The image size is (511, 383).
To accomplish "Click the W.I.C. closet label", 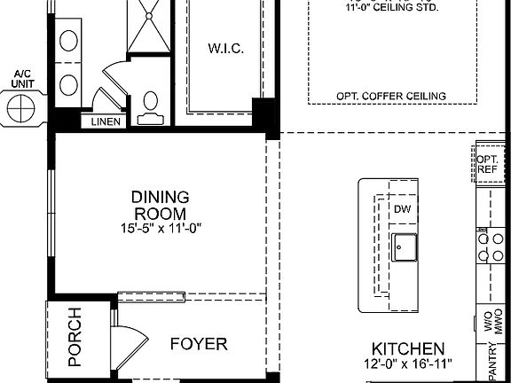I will (x=225, y=48).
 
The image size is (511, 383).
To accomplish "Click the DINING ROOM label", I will (x=160, y=206).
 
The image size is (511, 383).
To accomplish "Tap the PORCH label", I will (x=75, y=338).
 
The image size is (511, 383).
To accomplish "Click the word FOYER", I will (x=199, y=344).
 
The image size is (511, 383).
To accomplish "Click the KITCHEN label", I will (x=408, y=348).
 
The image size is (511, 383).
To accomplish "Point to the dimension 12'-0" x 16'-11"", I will (x=408, y=364).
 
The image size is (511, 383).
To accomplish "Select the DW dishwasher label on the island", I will (x=403, y=209).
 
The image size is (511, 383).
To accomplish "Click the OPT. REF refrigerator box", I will (x=487, y=162).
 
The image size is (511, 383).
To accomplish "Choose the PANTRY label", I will (x=492, y=363).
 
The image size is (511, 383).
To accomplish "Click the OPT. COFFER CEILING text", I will (x=390, y=96).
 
